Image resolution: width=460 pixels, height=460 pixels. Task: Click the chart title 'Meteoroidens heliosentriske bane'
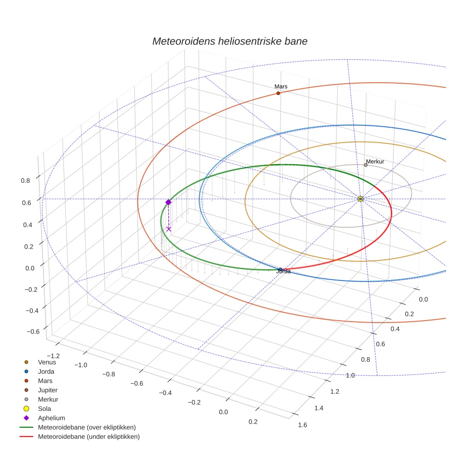pos(230,41)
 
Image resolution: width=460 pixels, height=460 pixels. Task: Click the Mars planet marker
pos(278,93)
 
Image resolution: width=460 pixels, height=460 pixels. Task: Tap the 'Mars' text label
pos(280,86)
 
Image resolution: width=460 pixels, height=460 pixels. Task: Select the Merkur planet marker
pos(366,165)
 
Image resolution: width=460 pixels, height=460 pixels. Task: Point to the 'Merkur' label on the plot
pos(375,161)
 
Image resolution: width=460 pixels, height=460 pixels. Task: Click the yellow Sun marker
pos(360,199)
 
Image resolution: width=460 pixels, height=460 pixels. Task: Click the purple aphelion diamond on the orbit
pos(168,202)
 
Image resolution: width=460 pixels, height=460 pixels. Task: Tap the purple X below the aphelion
pos(169,229)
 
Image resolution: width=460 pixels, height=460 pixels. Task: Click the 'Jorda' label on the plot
pos(283,272)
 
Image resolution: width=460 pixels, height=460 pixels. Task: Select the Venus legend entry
pos(47,362)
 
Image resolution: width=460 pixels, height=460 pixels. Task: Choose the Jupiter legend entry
pos(48,390)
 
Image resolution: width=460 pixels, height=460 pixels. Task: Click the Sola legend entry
pos(44,409)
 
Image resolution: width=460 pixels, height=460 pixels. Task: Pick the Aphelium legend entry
pos(51,418)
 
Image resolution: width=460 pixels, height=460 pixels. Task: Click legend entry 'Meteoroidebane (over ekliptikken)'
pos(87,427)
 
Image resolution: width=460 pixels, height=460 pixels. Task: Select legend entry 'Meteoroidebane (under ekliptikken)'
pos(89,437)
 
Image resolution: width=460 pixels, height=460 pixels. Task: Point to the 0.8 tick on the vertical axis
pos(25,180)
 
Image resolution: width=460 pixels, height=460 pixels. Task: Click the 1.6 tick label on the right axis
pos(302,425)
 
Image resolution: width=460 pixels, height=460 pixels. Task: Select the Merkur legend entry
pos(48,399)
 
